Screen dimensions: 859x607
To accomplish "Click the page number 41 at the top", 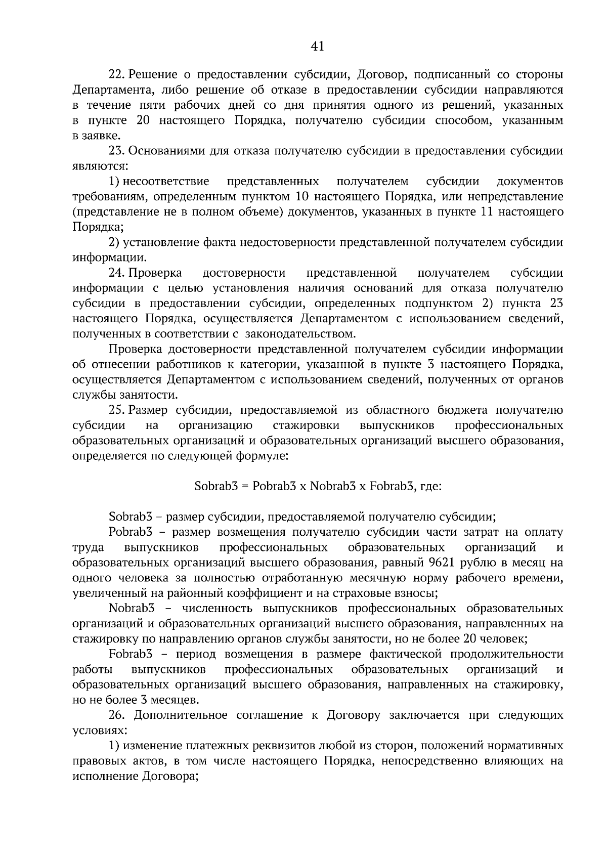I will point(317,46).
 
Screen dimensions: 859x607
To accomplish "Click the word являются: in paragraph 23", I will point(100,166).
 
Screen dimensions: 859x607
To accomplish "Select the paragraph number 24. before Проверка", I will point(117,273).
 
